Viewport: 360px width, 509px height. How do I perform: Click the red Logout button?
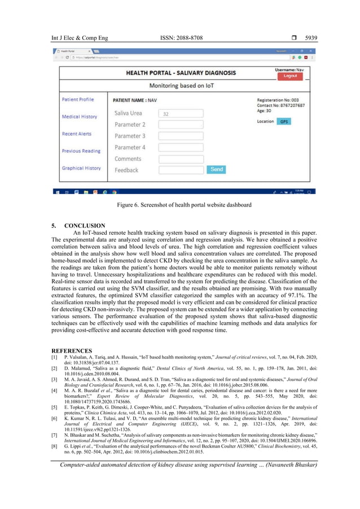290,76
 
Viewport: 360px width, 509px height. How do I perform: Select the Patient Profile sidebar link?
78,100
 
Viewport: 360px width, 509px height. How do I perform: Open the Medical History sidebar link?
80,117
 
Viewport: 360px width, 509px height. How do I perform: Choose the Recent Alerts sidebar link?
77,134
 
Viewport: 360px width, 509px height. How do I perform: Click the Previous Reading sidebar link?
81,151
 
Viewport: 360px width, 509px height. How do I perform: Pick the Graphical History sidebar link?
81,168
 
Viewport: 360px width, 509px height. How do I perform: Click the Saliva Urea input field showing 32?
181,113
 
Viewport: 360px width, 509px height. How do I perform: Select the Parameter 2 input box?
181,125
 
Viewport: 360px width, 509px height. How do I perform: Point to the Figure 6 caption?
180,204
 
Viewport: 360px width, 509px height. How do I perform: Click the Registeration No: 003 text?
281,100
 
